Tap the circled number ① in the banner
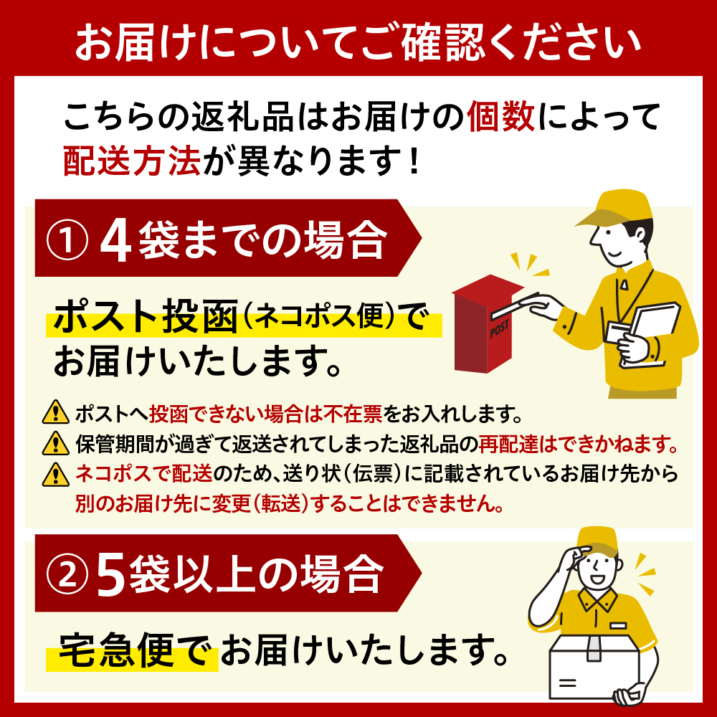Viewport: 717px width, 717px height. [66, 238]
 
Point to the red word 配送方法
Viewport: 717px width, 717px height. [132, 161]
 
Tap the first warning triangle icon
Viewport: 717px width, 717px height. [52, 414]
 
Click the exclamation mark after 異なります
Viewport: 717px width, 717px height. [412, 161]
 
